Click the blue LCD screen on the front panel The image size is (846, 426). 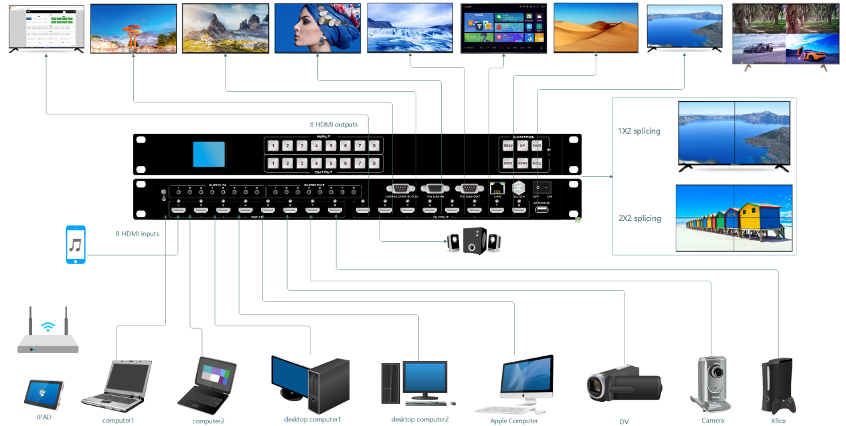click(209, 154)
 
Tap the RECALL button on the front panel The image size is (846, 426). click(537, 163)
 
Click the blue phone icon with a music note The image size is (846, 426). click(76, 244)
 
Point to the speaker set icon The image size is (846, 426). click(474, 242)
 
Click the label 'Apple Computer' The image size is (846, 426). click(513, 421)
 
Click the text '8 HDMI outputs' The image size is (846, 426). click(333, 125)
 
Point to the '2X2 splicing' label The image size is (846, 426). click(639, 218)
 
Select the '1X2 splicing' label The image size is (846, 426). click(639, 131)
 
